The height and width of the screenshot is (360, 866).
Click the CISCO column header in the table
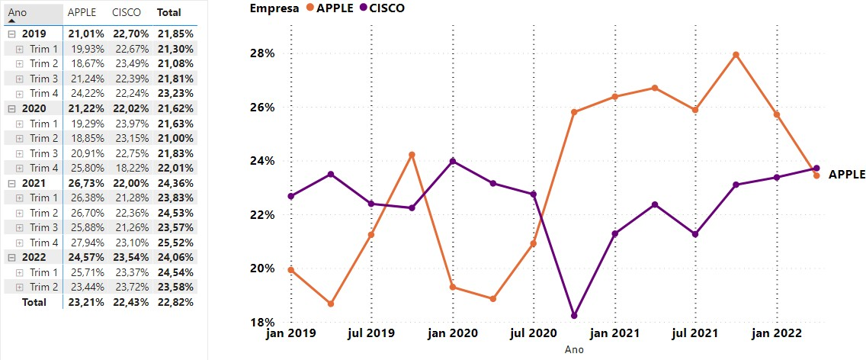pos(125,13)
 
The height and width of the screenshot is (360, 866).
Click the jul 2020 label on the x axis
pos(533,333)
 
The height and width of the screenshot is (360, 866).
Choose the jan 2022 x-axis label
pos(776,333)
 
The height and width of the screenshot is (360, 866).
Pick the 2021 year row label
pos(34,183)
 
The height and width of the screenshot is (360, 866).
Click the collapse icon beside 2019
pos(11,34)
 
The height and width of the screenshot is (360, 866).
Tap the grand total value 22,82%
pos(175,302)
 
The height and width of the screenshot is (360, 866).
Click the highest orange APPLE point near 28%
pos(736,55)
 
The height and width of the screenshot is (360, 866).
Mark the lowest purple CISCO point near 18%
pos(574,316)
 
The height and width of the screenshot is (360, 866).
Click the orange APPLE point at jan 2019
pos(291,270)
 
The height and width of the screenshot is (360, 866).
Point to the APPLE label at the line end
pos(846,174)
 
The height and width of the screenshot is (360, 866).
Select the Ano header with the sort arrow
pos(18,13)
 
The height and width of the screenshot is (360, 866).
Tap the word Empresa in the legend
pos(273,8)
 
